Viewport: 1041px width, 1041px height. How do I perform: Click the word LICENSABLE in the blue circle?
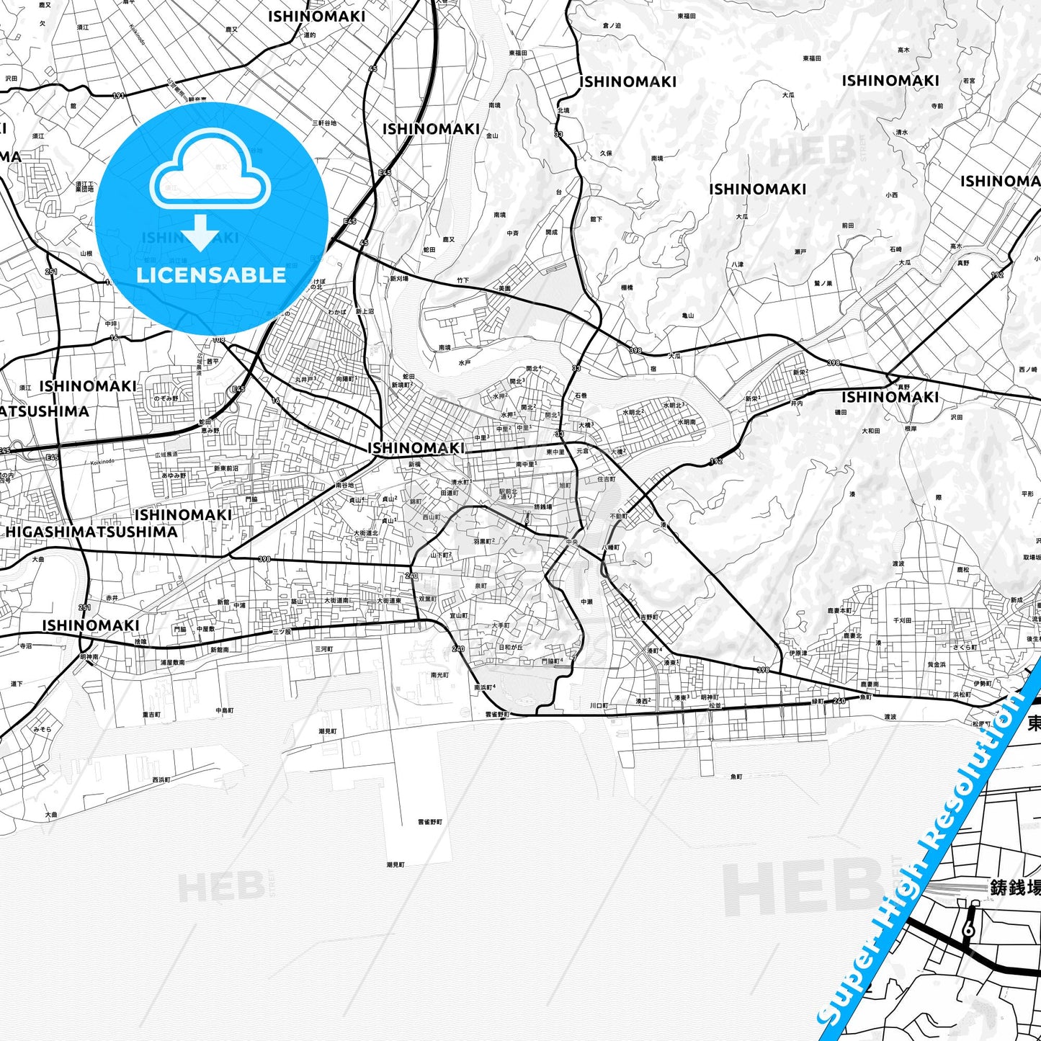pyautogui.click(x=211, y=275)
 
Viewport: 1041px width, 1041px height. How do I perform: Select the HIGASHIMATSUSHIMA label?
pyautogui.click(x=91, y=532)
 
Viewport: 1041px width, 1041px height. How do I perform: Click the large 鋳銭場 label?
pyautogui.click(x=1015, y=888)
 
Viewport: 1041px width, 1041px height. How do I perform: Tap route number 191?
pyautogui.click(x=118, y=95)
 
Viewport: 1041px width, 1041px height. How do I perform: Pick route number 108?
pyautogui.click(x=218, y=339)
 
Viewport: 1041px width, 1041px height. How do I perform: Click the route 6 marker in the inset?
pyautogui.click(x=968, y=930)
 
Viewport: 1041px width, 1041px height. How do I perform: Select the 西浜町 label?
pyautogui.click(x=161, y=779)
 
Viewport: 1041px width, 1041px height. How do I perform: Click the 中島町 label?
pyautogui.click(x=225, y=710)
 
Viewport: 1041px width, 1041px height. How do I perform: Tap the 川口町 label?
pyautogui.click(x=599, y=705)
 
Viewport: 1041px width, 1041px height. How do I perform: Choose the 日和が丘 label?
pyautogui.click(x=511, y=647)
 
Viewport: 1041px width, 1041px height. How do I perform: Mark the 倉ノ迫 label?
pyautogui.click(x=612, y=26)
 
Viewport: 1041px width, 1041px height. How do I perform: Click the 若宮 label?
pyautogui.click(x=968, y=81)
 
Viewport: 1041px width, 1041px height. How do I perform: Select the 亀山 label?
pyautogui.click(x=687, y=315)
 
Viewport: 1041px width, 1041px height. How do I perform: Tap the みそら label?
pyautogui.click(x=42, y=729)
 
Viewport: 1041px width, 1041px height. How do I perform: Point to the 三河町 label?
pyautogui.click(x=323, y=649)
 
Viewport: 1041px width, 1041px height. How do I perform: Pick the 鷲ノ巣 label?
pyautogui.click(x=823, y=283)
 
